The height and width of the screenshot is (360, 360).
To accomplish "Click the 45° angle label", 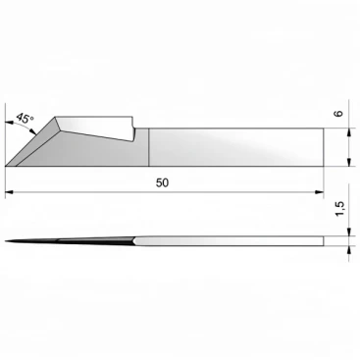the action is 25,118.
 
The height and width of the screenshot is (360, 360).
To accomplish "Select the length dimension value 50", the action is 162,183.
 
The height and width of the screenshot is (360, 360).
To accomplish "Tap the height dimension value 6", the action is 339,113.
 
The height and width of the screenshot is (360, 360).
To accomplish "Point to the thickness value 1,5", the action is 339,208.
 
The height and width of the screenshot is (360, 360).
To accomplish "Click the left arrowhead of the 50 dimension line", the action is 10,192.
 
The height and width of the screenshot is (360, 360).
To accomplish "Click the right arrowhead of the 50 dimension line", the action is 319,192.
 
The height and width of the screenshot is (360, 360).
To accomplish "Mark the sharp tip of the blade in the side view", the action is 6,166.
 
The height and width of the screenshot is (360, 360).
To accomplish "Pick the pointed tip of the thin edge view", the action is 6,241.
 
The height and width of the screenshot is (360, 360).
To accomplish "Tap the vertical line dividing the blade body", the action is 149,147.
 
